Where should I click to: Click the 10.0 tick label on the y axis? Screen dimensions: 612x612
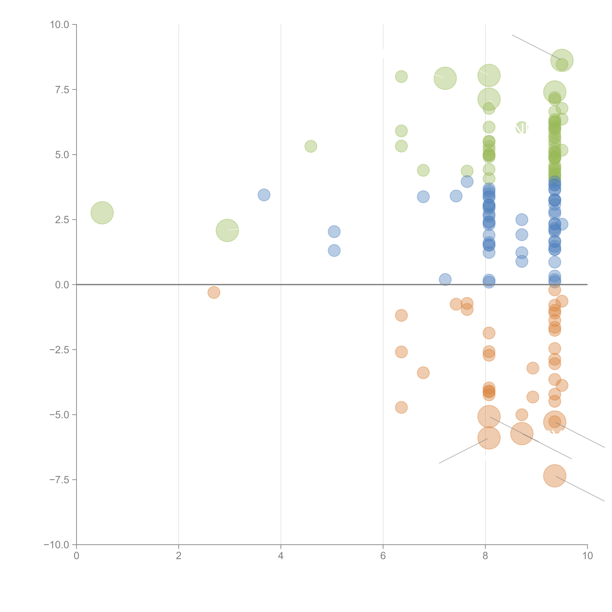(60, 25)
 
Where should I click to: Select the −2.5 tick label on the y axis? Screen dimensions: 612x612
(60, 350)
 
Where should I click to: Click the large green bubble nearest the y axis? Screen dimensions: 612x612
(102, 213)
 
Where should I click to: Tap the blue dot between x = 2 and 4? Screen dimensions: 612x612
(264, 195)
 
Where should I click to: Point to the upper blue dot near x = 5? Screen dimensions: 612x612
(334, 232)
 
